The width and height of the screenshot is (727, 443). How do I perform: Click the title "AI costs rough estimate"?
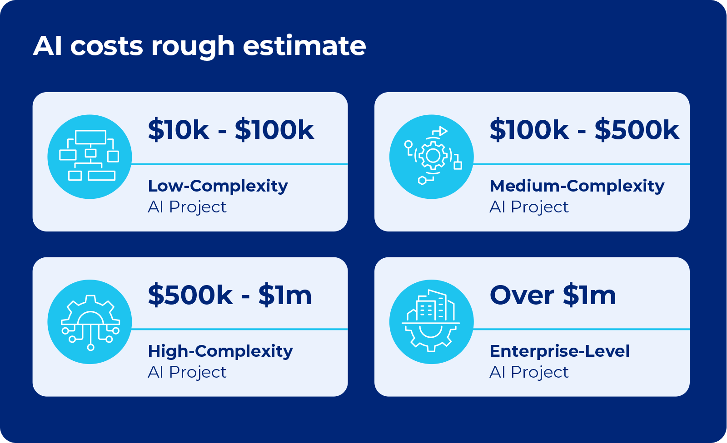(x=199, y=46)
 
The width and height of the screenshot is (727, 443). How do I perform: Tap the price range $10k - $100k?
(x=231, y=130)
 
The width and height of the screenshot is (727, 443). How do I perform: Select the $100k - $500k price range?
(x=584, y=130)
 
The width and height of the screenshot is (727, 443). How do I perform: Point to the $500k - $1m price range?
(x=230, y=295)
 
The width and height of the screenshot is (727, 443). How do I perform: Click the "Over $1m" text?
(x=553, y=295)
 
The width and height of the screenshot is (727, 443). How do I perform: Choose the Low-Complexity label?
(x=218, y=186)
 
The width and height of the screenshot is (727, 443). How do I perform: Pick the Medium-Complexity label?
(x=577, y=186)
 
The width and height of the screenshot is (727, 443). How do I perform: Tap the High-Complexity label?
(x=220, y=351)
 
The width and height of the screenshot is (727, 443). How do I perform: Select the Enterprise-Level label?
(x=560, y=351)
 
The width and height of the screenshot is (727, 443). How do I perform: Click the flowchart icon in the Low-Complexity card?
(x=90, y=157)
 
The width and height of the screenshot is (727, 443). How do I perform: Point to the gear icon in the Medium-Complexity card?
(x=432, y=157)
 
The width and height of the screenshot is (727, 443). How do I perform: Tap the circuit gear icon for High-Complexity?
(x=90, y=322)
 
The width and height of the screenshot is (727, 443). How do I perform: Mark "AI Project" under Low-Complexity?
(x=187, y=207)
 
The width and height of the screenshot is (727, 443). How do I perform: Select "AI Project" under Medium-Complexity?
(x=529, y=207)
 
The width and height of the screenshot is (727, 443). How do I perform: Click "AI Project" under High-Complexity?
(x=187, y=373)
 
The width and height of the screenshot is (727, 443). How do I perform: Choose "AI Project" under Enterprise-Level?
(x=529, y=373)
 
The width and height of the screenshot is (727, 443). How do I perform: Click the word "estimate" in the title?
(x=304, y=46)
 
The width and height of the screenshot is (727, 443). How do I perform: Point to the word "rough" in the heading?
(x=193, y=47)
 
